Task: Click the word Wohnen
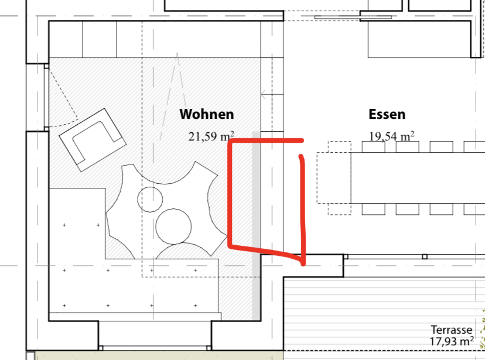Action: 207,114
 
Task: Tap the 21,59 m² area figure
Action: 211,136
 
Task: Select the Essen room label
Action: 387,114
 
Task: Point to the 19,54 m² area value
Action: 392,136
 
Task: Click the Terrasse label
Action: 451,330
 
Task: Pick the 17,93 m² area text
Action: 451,341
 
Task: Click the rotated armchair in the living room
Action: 93,140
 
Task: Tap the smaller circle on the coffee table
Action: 150,199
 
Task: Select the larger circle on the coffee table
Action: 173,227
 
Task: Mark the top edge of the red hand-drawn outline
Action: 267,141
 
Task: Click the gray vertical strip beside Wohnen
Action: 257,225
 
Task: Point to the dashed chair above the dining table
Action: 340,147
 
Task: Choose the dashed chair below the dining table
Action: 340,209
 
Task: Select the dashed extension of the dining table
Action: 334,178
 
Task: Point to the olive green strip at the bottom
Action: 159,355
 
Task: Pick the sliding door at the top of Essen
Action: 353,18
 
